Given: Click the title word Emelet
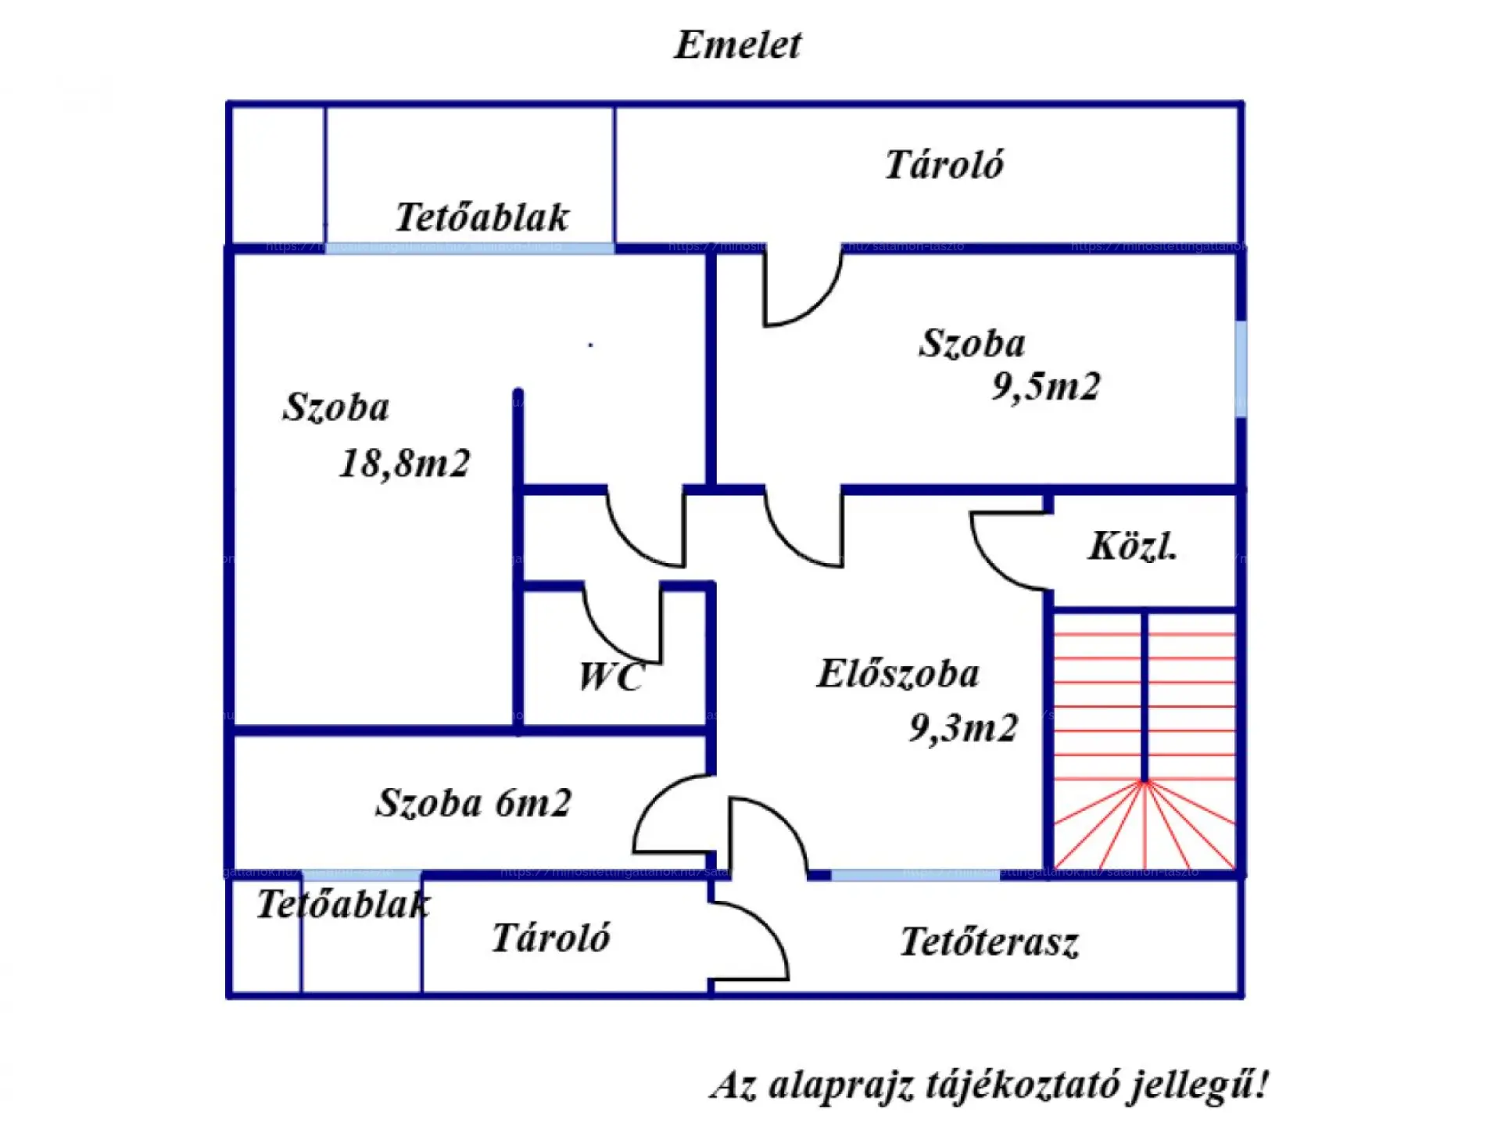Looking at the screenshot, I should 737,45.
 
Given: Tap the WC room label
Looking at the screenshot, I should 611,677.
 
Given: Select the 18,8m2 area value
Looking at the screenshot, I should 404,463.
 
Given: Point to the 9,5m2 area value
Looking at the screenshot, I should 1045,386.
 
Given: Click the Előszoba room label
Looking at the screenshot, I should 897,674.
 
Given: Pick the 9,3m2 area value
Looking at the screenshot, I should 963,728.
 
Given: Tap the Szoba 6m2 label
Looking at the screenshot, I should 474,803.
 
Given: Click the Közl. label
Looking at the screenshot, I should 1131,547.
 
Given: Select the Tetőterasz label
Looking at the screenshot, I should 989,941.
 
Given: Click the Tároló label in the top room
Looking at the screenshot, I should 944,165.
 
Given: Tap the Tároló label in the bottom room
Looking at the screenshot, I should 550,938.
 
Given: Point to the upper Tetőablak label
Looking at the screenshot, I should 482,217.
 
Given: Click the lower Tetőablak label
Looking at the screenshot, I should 342,905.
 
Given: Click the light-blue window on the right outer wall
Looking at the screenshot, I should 1241,369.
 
